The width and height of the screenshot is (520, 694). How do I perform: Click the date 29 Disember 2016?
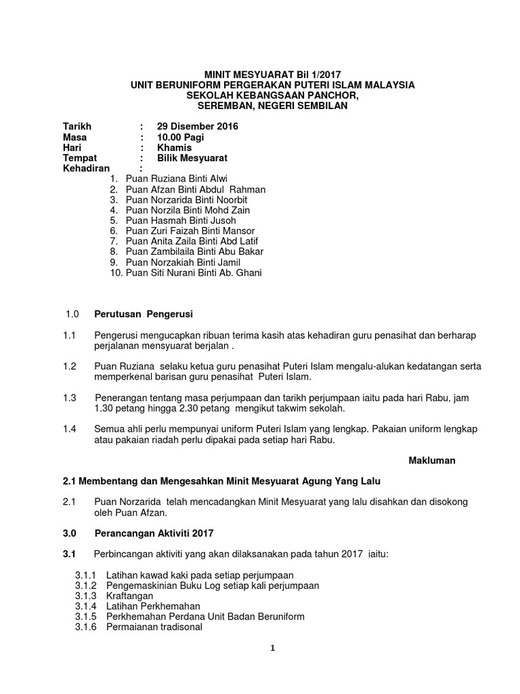(x=197, y=127)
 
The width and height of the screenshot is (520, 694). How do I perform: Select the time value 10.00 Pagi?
(x=180, y=137)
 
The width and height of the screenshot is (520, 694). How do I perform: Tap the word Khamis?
(x=174, y=148)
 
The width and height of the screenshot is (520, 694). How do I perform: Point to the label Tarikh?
(x=77, y=127)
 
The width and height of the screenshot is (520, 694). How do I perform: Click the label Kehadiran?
(x=86, y=168)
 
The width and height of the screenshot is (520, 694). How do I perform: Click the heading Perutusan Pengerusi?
(x=144, y=314)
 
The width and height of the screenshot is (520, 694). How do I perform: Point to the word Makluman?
(x=432, y=460)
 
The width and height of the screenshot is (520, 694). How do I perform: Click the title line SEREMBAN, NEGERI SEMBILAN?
(x=272, y=106)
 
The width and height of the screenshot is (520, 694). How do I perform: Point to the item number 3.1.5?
(x=86, y=616)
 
